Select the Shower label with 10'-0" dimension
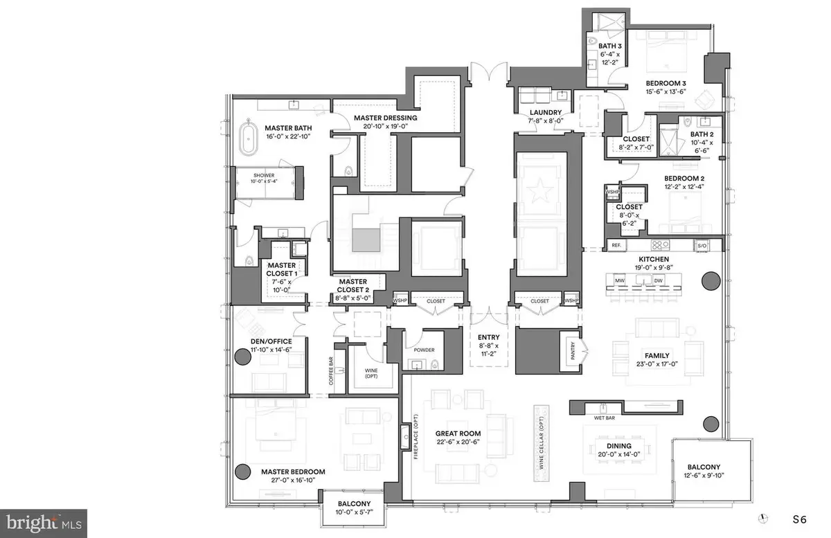click(265, 176)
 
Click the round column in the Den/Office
click(243, 357)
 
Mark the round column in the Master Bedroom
click(242, 472)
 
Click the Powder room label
click(424, 350)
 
